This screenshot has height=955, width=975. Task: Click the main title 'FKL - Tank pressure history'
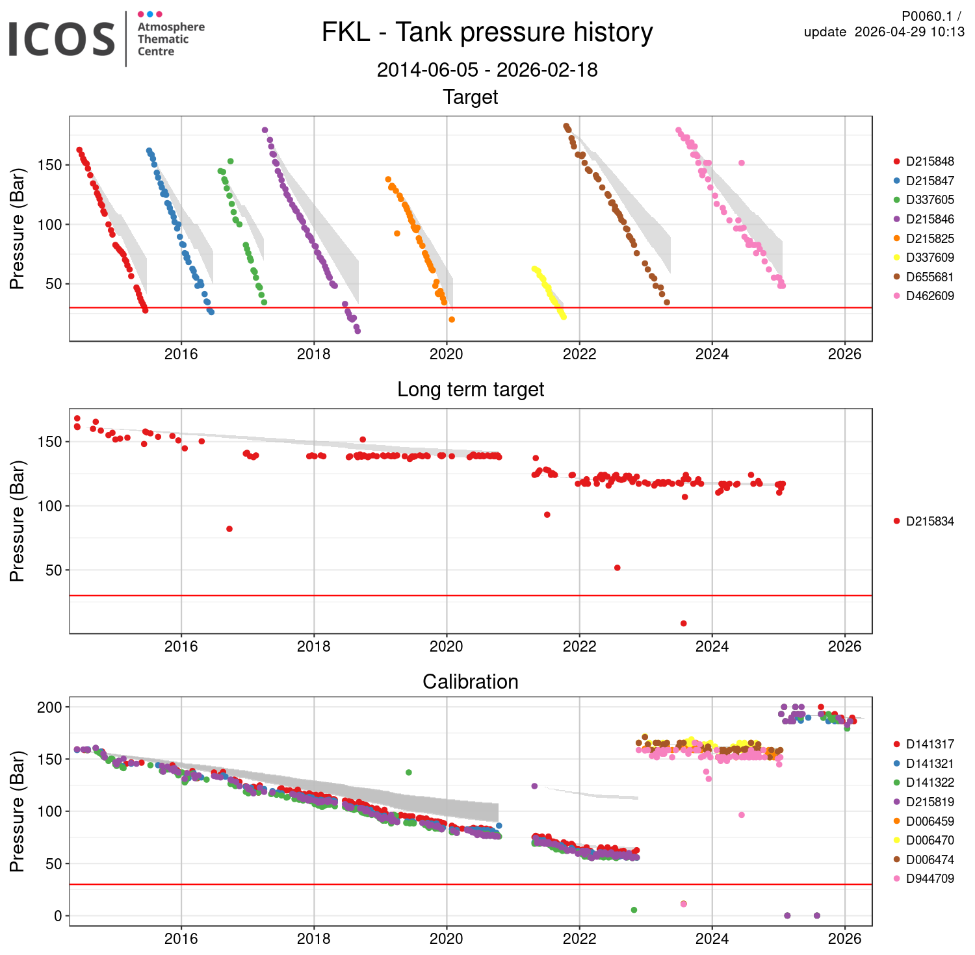pyautogui.click(x=487, y=32)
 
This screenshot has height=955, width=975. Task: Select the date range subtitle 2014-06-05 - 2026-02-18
pyautogui.click(x=487, y=70)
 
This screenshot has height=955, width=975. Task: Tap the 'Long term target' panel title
pyautogui.click(x=471, y=389)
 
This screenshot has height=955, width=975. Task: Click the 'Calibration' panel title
pyautogui.click(x=471, y=681)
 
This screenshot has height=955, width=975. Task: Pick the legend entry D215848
pyautogui.click(x=929, y=162)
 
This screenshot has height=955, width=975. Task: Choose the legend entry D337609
pyautogui.click(x=929, y=258)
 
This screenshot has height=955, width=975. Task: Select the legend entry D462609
pyautogui.click(x=929, y=296)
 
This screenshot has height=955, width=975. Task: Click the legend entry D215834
pyautogui.click(x=929, y=521)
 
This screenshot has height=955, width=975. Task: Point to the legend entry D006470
pyautogui.click(x=929, y=840)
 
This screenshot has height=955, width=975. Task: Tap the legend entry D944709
pyautogui.click(x=929, y=878)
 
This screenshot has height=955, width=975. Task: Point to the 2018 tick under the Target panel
pyautogui.click(x=314, y=354)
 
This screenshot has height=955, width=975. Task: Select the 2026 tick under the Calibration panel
pyautogui.click(x=844, y=939)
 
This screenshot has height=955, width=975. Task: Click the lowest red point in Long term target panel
pyautogui.click(x=683, y=624)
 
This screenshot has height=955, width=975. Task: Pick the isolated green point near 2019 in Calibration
pyautogui.click(x=409, y=772)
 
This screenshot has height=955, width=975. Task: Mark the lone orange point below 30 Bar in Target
pyautogui.click(x=452, y=320)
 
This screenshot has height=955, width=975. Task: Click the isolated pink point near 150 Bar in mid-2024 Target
pyautogui.click(x=742, y=163)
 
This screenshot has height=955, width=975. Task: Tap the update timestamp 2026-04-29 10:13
pyautogui.click(x=909, y=32)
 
